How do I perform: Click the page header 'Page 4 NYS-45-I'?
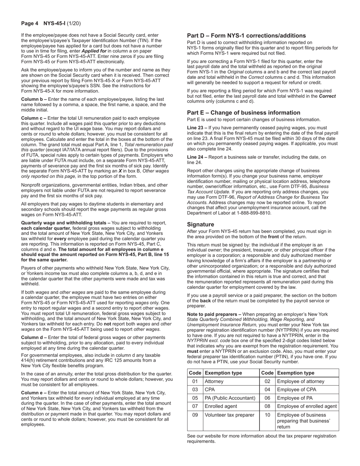point(50,23)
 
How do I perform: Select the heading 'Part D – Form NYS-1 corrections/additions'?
point(246,36)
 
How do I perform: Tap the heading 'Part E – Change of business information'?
point(244,113)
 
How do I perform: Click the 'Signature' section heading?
point(200,225)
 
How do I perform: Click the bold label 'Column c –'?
point(34,118)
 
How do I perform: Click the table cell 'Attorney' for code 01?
point(214,382)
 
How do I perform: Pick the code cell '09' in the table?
point(195,415)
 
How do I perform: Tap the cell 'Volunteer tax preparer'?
point(229,415)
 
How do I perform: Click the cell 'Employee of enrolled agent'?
point(307,407)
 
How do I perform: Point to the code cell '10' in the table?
point(267,415)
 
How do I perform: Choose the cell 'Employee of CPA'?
point(296,390)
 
